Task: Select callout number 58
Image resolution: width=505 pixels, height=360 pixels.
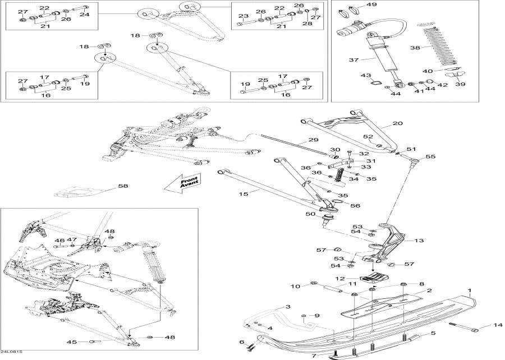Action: point(123,186)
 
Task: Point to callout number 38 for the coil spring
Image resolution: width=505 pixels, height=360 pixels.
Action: point(415,48)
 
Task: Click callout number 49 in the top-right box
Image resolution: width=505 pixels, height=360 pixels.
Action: point(371,5)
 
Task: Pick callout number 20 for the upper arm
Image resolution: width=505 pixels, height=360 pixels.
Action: point(398,123)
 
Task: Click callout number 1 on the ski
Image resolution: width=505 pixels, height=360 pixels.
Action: point(470,290)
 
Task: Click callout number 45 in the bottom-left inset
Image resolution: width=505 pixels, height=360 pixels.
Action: point(71,341)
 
